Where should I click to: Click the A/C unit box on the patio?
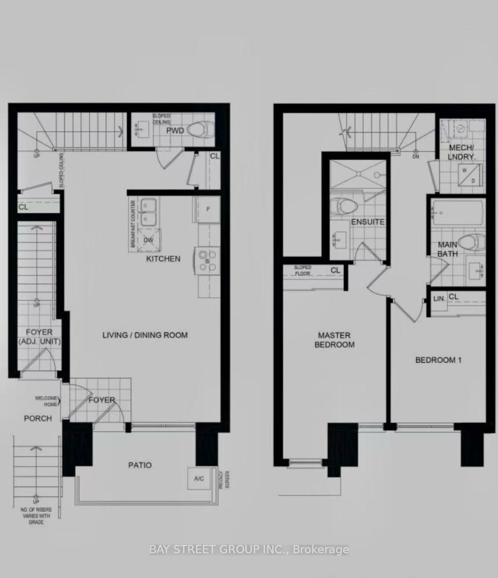199,479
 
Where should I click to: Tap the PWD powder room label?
175,131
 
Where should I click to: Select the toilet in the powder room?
200,130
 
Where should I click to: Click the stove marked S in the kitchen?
206,261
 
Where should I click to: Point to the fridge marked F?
208,209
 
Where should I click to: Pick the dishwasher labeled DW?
149,240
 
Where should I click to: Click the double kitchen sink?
148,212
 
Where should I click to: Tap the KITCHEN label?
163,259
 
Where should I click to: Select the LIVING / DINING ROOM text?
145,335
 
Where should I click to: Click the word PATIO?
140,465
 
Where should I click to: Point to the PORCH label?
38,419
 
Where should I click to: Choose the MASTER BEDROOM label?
335,340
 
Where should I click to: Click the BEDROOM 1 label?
438,360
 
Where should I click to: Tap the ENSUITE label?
368,222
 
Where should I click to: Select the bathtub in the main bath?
458,212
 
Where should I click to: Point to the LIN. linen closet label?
439,298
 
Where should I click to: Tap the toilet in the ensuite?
343,207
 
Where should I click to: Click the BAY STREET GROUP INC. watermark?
249,550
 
